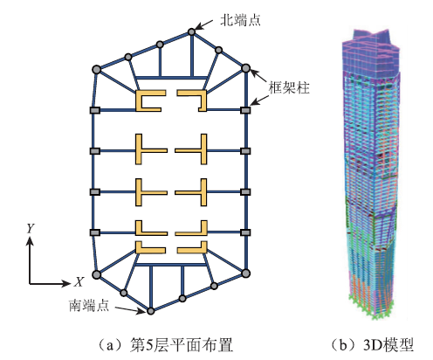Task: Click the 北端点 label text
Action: [x=240, y=21]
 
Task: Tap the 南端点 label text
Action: [x=89, y=305]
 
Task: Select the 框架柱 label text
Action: [x=289, y=87]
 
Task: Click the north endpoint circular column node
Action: [x=191, y=31]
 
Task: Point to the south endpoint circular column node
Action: [x=150, y=311]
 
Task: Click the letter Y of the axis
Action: [x=31, y=229]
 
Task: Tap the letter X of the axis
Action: [x=79, y=282]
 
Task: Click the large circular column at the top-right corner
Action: [x=246, y=68]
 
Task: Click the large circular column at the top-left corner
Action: [x=97, y=70]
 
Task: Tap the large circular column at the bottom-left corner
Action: [x=97, y=274]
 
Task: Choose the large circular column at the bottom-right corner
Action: [x=246, y=273]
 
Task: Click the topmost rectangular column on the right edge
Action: [x=245, y=110]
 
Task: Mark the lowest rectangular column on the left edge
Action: [x=95, y=232]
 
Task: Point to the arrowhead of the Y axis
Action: [x=31, y=240]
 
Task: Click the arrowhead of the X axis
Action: [x=66, y=283]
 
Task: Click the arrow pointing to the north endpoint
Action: [x=205, y=24]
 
